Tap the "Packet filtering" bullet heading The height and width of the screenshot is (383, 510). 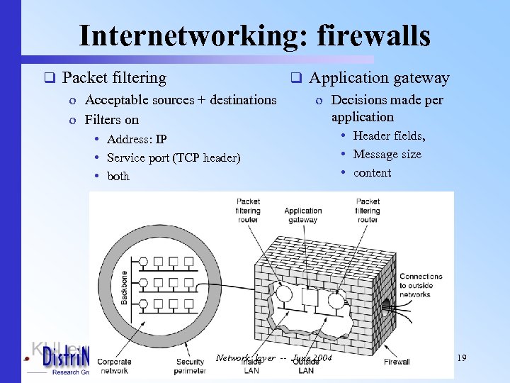point(114,78)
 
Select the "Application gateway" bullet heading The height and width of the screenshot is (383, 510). point(379,78)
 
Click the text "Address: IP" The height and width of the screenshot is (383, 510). point(137,139)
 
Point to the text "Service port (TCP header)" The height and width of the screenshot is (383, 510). point(174,157)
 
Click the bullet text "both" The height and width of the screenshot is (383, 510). point(118,176)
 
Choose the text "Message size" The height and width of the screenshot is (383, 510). point(387,154)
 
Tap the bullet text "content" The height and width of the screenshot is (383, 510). point(372,172)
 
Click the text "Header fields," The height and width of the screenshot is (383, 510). point(389,135)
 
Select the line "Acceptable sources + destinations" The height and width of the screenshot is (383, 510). point(181,100)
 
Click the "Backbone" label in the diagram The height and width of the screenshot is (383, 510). point(125,287)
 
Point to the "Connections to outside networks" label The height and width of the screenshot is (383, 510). point(421,285)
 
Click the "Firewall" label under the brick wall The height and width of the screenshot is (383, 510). point(397,362)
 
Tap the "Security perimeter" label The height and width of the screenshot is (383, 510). point(191,365)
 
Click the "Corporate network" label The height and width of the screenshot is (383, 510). point(114,365)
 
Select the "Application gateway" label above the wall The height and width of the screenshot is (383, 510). point(302,215)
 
